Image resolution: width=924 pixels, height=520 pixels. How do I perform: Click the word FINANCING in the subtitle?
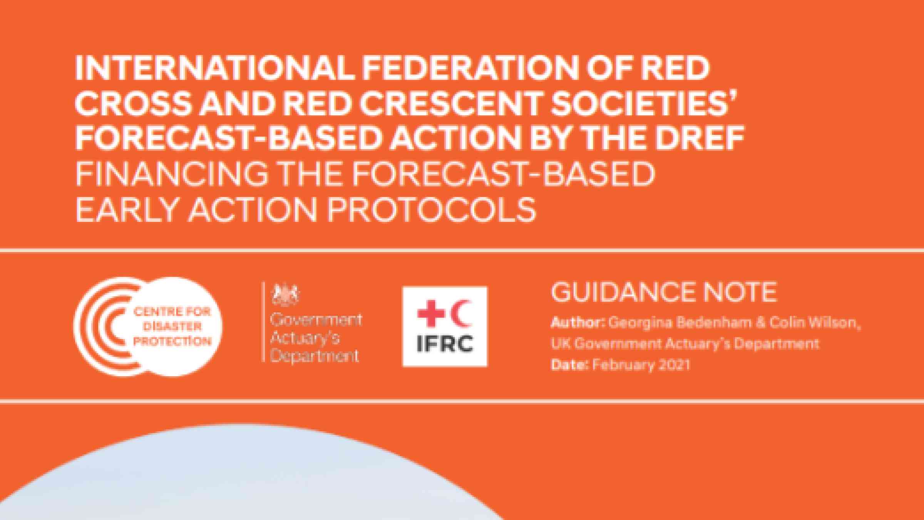pos(171,175)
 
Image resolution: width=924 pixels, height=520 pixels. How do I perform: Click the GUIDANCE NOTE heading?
pos(664,292)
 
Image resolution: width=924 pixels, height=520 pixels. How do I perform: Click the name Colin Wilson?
pos(813,322)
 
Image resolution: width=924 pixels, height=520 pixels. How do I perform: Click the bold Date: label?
pos(570,364)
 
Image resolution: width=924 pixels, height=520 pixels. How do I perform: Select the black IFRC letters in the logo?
pos(445,344)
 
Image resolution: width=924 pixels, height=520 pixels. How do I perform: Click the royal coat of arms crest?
pos(285,294)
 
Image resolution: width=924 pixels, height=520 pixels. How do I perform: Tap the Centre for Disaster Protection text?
pos(173,327)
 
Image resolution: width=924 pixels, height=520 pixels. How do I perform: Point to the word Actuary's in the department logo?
pos(305,339)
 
